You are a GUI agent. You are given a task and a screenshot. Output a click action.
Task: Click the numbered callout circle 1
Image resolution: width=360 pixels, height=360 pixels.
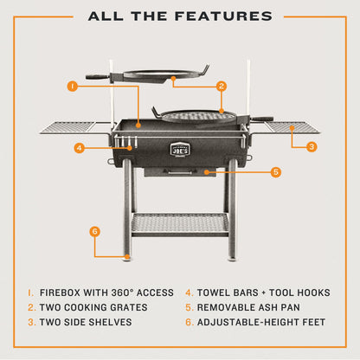tap(73, 86)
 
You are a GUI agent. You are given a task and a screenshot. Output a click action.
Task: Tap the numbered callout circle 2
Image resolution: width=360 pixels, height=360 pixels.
tap(222, 86)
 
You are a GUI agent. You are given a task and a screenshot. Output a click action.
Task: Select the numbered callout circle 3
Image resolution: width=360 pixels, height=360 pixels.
tap(311, 146)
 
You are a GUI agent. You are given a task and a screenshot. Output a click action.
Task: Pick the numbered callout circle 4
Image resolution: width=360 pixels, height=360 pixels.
tap(79, 148)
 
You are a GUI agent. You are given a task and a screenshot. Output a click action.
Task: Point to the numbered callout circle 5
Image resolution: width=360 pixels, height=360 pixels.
tap(276, 172)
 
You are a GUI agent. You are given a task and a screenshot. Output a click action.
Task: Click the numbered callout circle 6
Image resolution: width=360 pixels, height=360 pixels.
tap(95, 231)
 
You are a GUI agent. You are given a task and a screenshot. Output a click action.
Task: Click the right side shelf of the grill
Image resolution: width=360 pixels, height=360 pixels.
tap(289, 127)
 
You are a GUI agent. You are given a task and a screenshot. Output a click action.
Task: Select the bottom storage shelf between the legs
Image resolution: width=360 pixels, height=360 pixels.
tap(180, 223)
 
